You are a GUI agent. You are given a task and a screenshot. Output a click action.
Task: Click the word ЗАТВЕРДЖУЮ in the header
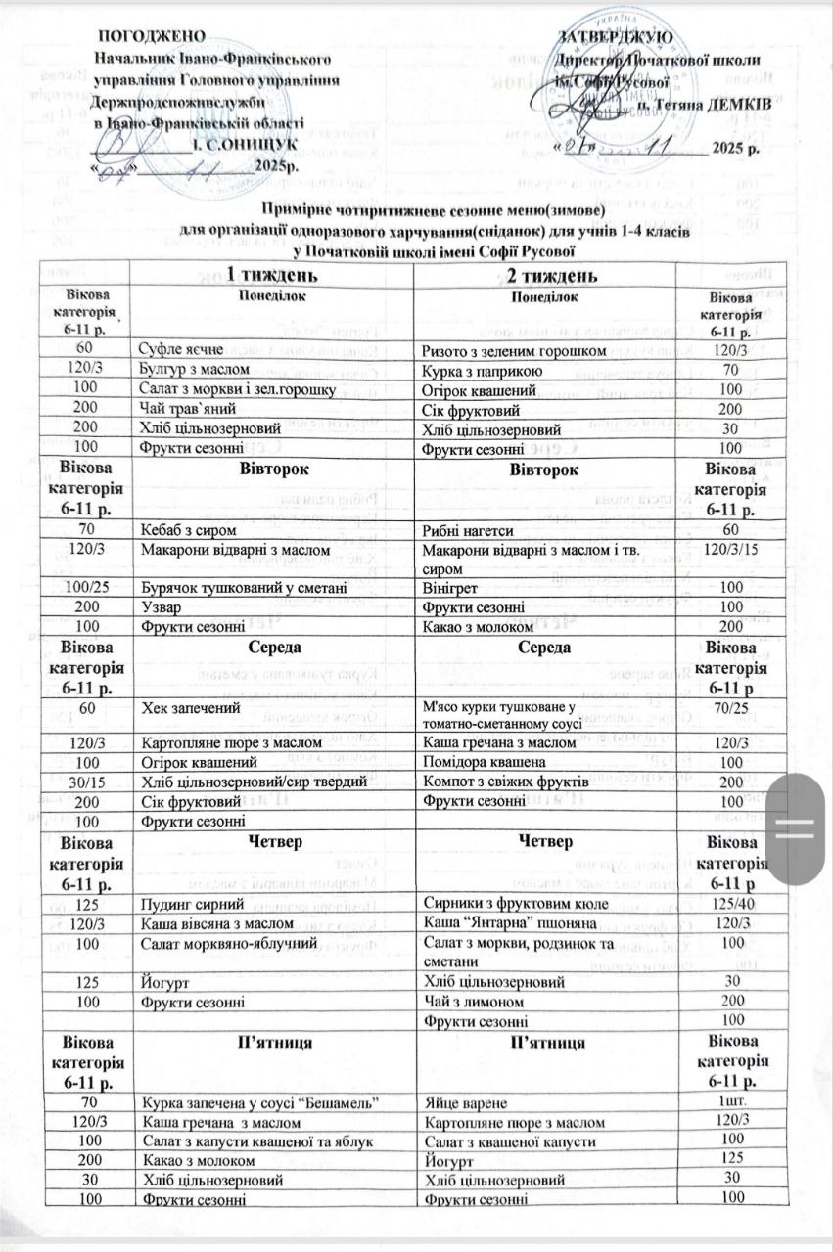tap(615, 36)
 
